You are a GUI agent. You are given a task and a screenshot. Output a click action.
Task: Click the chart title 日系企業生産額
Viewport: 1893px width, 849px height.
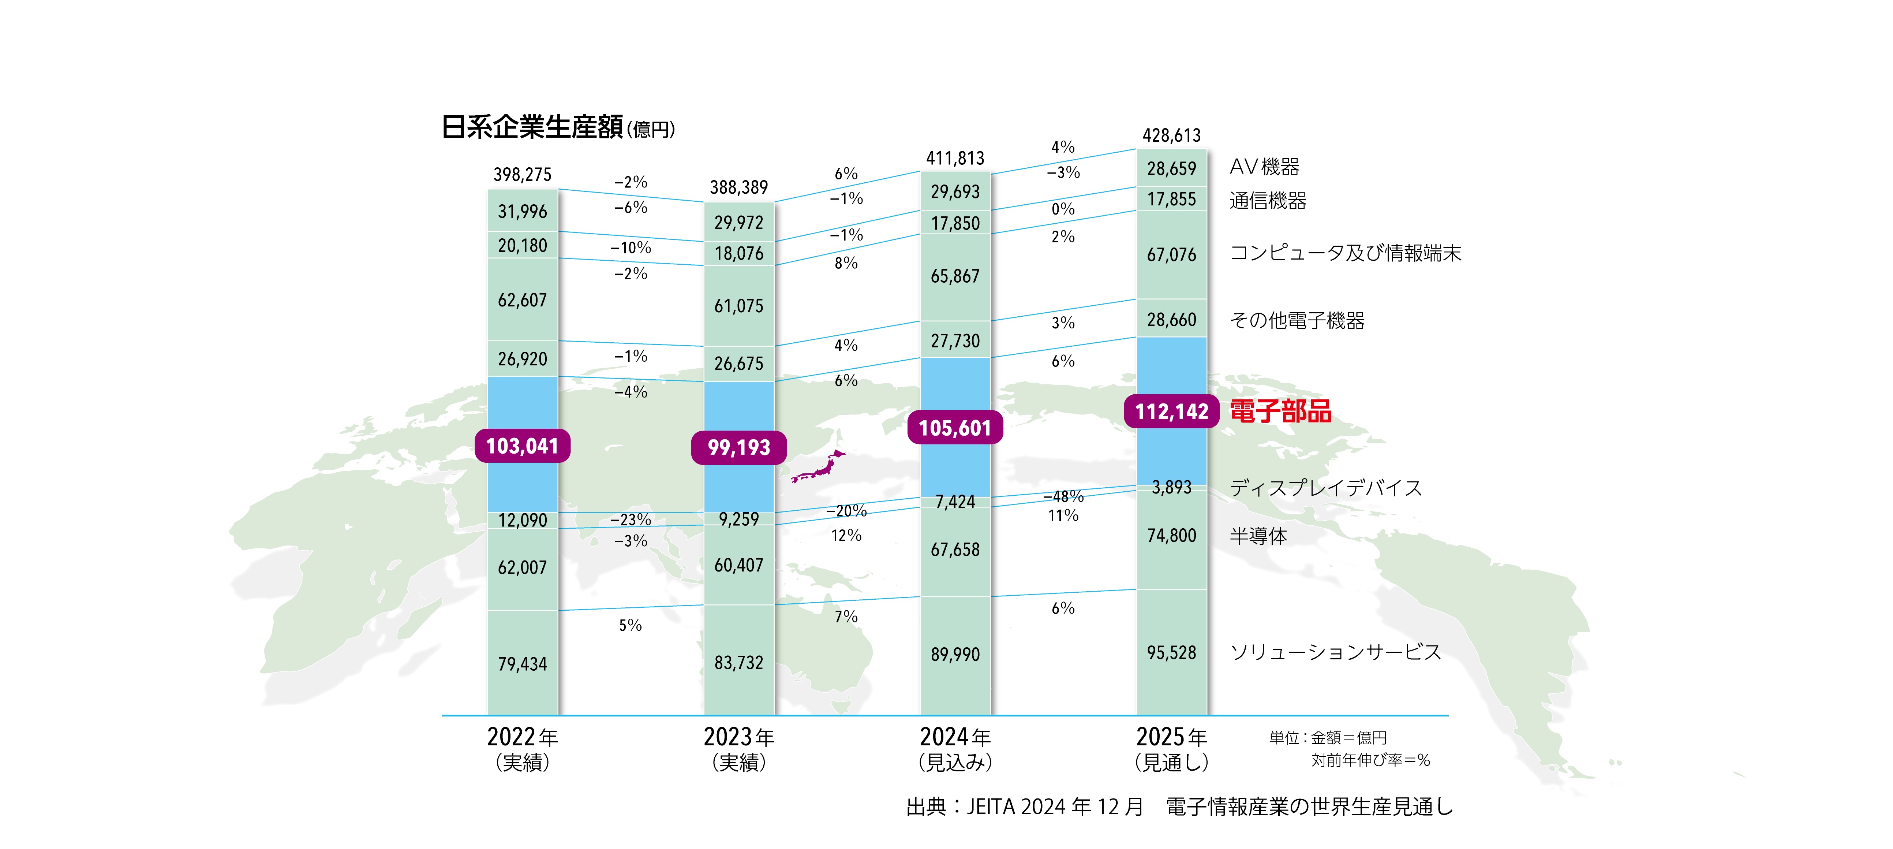point(532,127)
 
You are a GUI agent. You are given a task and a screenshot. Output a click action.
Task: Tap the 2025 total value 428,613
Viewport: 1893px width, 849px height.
point(1171,135)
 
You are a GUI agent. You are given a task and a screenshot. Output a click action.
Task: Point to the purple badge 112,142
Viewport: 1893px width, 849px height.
point(1171,412)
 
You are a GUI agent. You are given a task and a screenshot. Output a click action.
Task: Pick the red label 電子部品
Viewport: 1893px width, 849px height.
point(1280,412)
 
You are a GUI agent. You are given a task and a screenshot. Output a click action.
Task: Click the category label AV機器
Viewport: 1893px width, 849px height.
point(1264,167)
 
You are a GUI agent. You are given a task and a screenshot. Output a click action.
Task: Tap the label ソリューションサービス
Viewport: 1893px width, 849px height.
point(1335,652)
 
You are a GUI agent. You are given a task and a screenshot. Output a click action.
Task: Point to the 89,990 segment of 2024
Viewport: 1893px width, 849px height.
point(955,654)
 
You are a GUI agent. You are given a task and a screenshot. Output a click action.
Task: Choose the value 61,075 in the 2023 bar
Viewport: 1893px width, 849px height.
point(738,306)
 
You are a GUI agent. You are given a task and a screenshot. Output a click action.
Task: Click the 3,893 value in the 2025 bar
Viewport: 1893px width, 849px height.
point(1171,487)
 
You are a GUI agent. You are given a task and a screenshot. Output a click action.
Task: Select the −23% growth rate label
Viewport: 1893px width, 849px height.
point(631,520)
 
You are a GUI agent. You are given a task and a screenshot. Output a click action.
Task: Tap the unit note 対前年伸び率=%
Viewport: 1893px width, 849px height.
point(1370,760)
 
